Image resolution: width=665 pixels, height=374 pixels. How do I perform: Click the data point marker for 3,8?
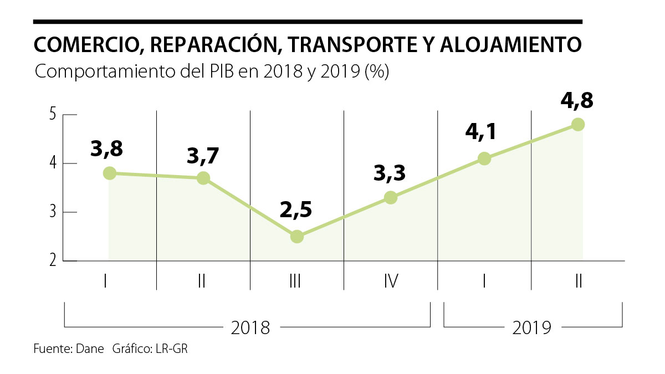click(110, 173)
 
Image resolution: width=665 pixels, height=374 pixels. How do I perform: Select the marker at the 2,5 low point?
click(297, 237)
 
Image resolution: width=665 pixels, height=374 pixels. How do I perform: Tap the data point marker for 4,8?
click(578, 124)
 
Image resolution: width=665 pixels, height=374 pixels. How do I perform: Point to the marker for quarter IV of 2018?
click(391, 197)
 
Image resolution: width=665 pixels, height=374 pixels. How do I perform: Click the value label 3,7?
click(203, 157)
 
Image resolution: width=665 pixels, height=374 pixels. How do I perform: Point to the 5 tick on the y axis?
click(53, 115)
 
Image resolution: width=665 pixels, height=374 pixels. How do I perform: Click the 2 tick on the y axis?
click(53, 260)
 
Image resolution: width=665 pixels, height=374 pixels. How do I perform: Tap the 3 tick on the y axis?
click(53, 212)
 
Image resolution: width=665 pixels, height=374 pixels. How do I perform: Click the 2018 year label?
click(250, 327)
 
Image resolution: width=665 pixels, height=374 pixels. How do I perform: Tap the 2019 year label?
click(532, 327)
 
